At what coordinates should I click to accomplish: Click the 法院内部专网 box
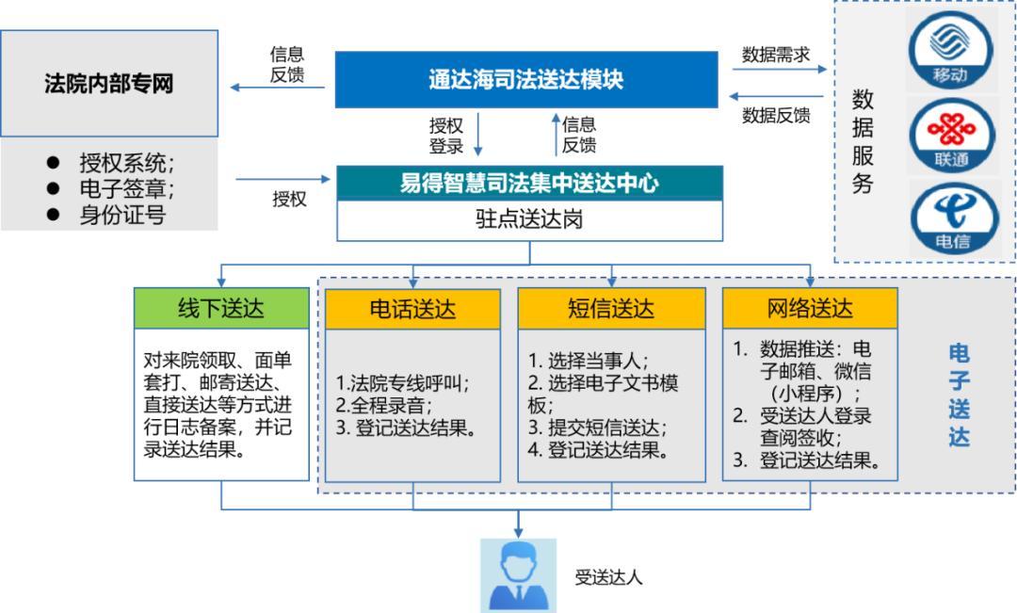109,83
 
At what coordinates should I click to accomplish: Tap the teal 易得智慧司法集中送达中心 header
529,184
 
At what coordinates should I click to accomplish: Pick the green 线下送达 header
221,308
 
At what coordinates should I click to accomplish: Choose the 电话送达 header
414,308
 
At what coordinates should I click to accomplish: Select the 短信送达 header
611,308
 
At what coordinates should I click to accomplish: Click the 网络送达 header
810,308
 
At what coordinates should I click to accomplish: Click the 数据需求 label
777,55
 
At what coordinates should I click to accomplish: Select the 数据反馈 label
777,116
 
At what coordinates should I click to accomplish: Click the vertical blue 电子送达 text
959,395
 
